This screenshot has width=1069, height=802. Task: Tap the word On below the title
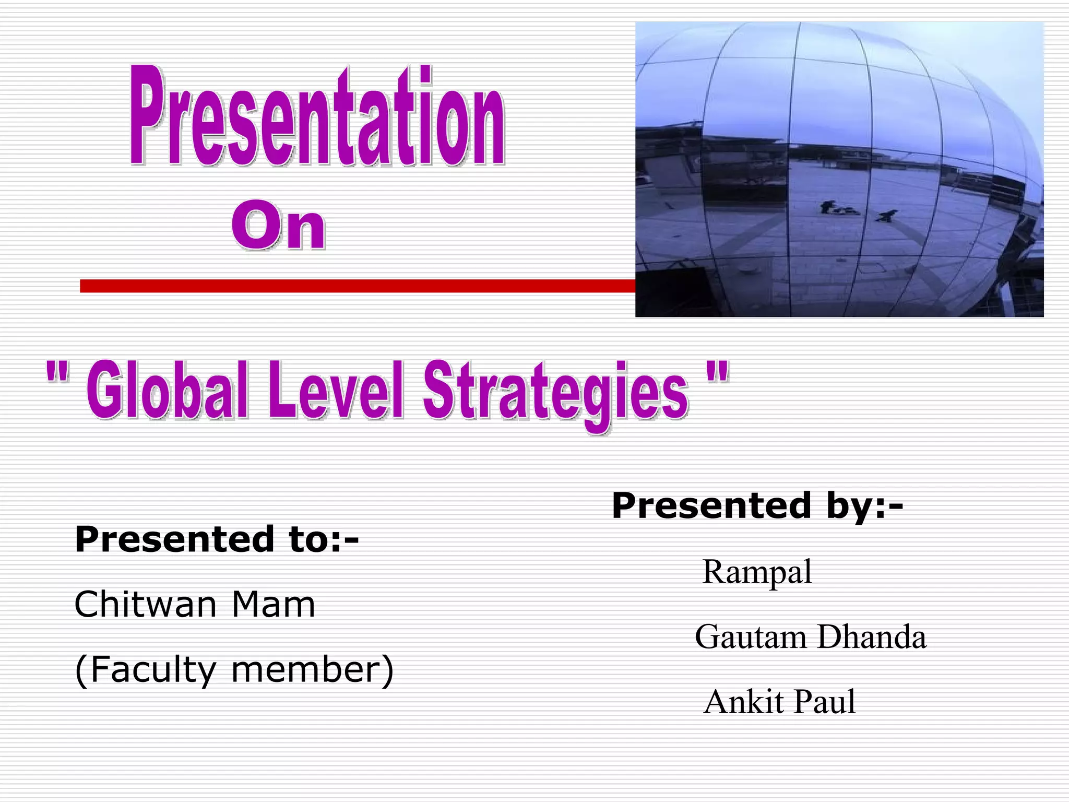point(279,229)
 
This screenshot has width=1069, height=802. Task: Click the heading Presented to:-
point(217,539)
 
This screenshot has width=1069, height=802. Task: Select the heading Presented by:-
point(757,506)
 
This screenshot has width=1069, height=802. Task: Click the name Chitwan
point(145,605)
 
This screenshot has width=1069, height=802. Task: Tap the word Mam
point(273,605)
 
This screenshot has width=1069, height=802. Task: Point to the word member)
point(312,670)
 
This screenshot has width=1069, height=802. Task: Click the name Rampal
point(757,572)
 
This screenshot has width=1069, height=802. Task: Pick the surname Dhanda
point(872,638)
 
